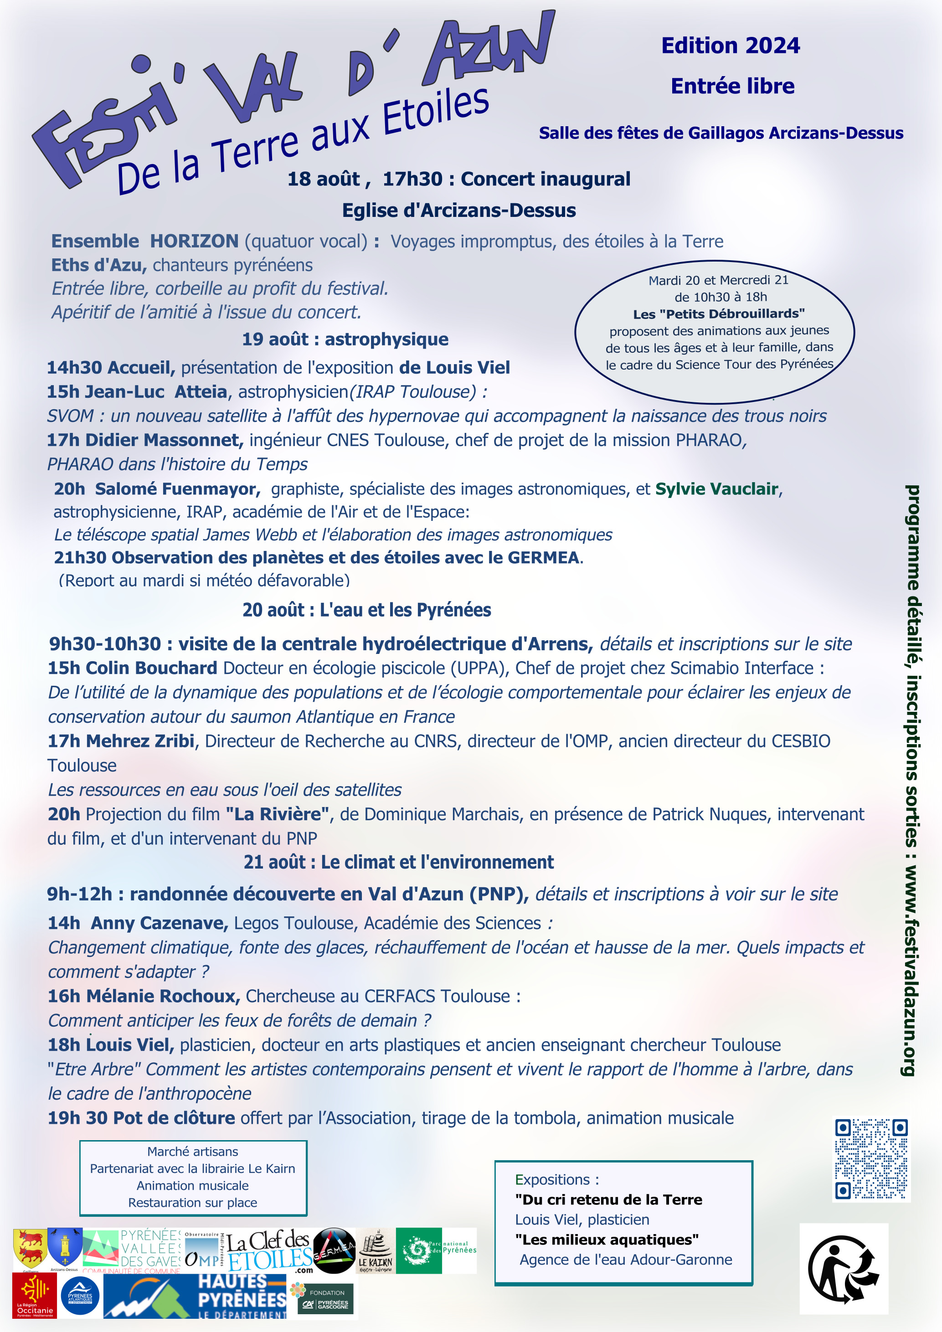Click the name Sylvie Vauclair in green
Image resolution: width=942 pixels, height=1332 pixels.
coord(716,489)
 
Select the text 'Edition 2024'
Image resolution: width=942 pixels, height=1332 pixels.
coord(730,46)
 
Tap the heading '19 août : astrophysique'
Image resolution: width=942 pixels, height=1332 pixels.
coord(345,339)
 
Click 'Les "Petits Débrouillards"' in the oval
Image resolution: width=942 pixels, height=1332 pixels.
coord(719,314)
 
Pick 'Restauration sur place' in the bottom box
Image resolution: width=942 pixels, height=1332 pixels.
coord(193,1203)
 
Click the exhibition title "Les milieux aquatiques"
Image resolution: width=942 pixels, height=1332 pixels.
coord(607,1240)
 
